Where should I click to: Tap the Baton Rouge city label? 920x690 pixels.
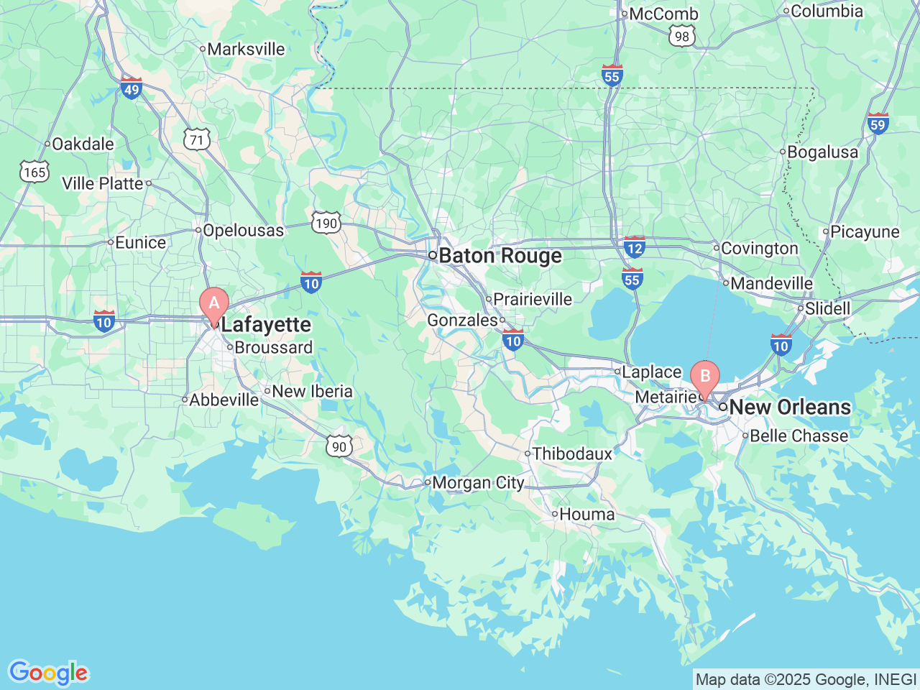coord(500,256)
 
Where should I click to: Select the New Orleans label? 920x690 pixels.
coord(789,407)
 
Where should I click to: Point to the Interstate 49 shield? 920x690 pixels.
coord(131,89)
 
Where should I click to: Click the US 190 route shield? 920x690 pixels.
coord(326,223)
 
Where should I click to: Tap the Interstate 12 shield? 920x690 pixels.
coord(634,248)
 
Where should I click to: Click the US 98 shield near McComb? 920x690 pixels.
coord(681,37)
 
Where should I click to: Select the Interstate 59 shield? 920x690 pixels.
coord(878,124)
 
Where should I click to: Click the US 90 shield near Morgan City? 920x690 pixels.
coord(339,446)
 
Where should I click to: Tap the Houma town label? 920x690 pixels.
coord(586,514)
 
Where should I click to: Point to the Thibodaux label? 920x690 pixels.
coord(572,454)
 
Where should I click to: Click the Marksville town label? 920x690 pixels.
coord(246,49)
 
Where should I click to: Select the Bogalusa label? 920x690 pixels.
coord(822,152)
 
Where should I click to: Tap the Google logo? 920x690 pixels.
coord(48,673)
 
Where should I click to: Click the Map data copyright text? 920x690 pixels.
coord(806,679)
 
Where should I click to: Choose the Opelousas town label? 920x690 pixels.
coord(243,230)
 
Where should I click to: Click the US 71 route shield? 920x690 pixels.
coord(197,139)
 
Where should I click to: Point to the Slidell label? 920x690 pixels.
coord(827,308)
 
